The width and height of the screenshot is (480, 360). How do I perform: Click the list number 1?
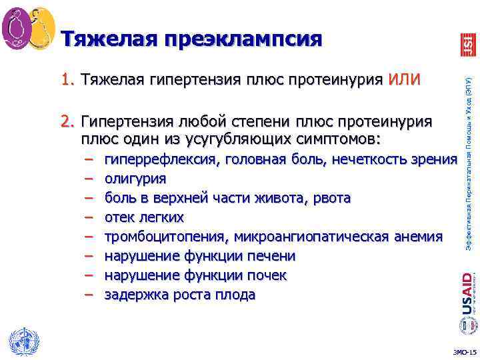(x=66, y=81)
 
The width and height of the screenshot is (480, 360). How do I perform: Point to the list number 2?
(x=66, y=122)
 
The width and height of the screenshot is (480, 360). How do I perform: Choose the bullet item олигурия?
(x=135, y=179)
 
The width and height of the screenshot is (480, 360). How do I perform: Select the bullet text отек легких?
(x=143, y=218)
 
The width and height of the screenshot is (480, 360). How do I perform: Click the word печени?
(x=272, y=257)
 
